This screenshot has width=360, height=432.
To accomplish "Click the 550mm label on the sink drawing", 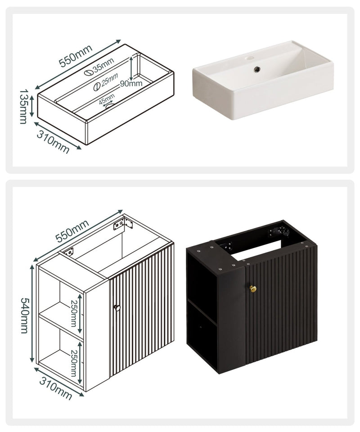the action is [x=76, y=56].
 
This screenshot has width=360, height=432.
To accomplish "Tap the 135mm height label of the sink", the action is [x=24, y=106].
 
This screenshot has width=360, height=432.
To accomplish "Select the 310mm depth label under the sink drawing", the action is [x=53, y=142].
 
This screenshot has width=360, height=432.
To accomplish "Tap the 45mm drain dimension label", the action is [x=107, y=99].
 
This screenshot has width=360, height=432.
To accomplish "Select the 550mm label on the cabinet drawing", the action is [x=72, y=231].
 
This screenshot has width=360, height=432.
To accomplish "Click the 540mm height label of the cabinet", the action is [x=25, y=315].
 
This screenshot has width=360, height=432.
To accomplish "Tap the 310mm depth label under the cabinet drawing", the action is [x=56, y=388].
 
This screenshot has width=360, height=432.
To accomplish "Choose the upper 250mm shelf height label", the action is [x=73, y=313].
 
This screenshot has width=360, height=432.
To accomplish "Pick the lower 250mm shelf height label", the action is [x=74, y=363].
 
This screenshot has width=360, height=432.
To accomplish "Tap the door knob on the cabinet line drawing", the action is [x=117, y=307].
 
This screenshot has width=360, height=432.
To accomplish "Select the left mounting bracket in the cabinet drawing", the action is [x=69, y=252].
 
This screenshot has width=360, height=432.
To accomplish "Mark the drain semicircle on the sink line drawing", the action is [x=110, y=105].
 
